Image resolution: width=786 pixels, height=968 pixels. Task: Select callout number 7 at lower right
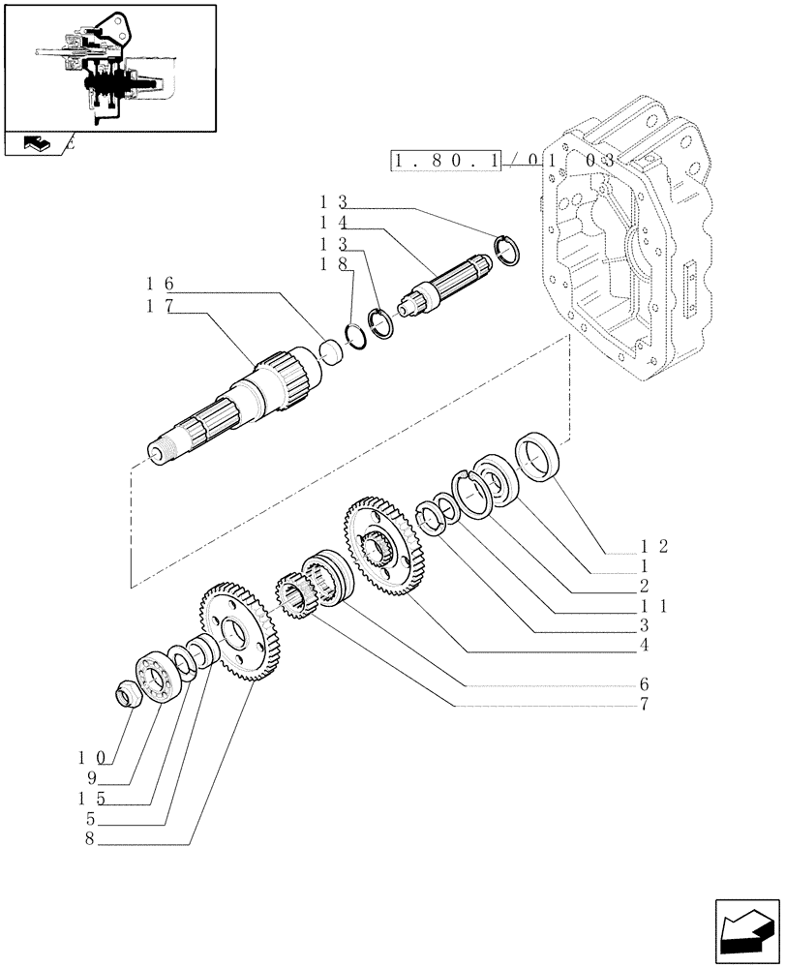[x=643, y=706]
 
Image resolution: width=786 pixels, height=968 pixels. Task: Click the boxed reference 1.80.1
[x=446, y=161]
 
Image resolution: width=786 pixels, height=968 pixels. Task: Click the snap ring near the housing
[x=508, y=248]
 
